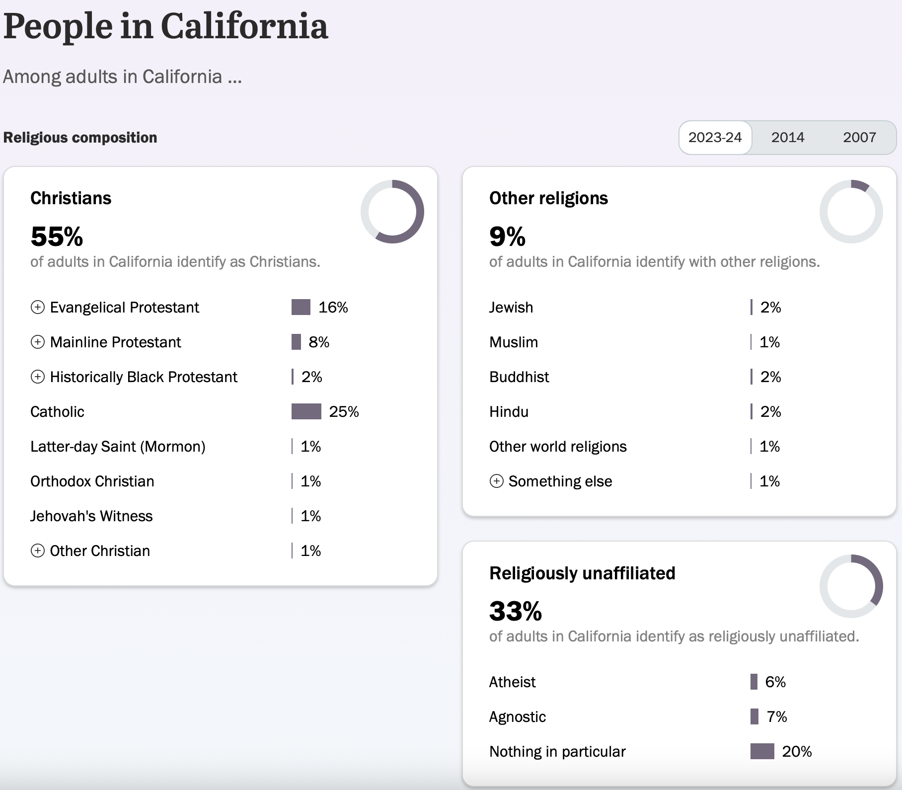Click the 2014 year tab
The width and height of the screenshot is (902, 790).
point(787,138)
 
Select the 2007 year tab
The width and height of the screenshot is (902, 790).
point(859,138)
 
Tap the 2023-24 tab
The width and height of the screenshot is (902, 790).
point(715,138)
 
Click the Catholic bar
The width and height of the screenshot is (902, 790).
point(306,411)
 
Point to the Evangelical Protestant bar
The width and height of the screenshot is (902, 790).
point(301,307)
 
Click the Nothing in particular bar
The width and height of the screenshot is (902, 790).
point(762,751)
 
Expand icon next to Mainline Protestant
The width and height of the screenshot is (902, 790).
point(38,342)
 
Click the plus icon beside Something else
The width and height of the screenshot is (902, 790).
point(497,481)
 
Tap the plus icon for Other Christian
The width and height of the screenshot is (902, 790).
point(38,551)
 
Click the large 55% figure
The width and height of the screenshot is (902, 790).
point(57,236)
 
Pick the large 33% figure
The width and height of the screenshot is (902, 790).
point(516,611)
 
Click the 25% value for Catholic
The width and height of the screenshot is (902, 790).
point(344,412)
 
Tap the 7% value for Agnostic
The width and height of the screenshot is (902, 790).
point(777,717)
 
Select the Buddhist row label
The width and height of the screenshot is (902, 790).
point(519,377)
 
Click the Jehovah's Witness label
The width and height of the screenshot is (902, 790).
point(91,516)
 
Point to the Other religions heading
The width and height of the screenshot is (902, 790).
point(548,198)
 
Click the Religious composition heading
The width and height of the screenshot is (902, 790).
point(80,138)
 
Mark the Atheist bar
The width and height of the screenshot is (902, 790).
point(754,682)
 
